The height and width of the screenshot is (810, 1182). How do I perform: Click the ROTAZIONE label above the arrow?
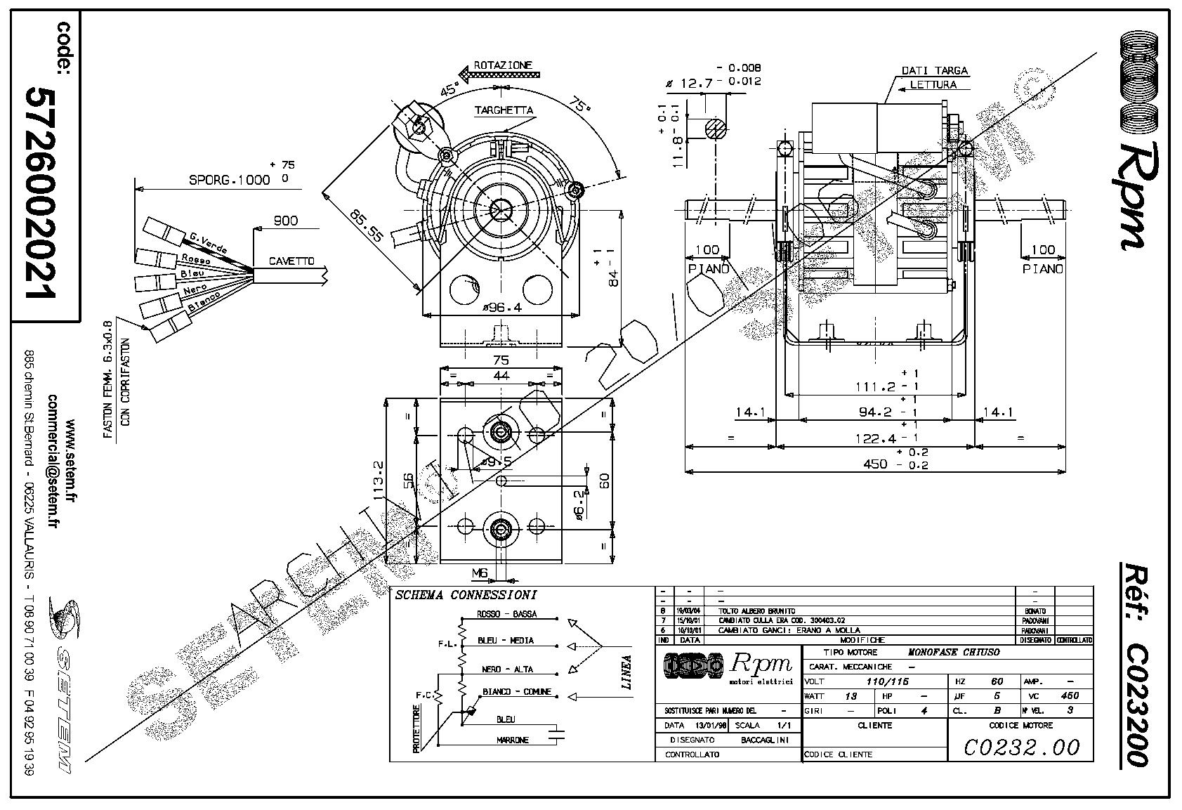tap(503, 65)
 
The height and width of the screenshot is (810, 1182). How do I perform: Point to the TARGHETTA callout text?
tap(504, 110)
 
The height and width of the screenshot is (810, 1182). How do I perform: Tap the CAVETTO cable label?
tap(291, 261)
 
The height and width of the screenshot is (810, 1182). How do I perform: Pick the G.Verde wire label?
tap(208, 242)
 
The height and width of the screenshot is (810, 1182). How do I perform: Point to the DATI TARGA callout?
tap(934, 70)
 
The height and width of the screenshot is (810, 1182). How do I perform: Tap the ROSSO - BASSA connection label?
tap(506, 613)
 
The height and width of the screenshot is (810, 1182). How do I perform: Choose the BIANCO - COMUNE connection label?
tap(516, 692)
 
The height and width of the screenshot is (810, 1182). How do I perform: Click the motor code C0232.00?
tap(1020, 747)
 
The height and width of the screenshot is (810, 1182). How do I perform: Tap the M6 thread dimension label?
tap(480, 574)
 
